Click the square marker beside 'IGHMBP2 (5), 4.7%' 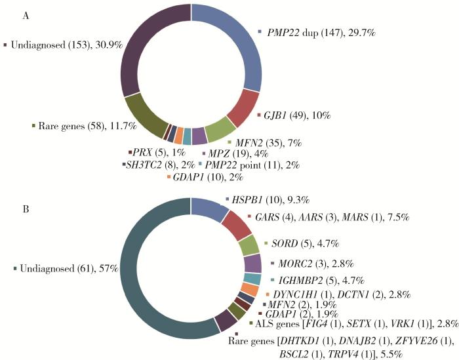(x=273, y=281)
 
